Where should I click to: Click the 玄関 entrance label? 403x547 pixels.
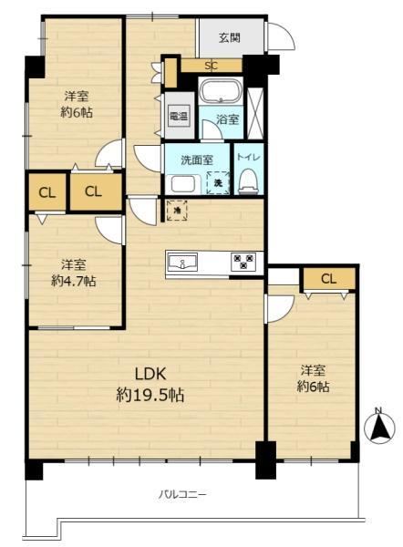pyautogui.click(x=230, y=37)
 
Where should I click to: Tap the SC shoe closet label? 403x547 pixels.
pyautogui.click(x=211, y=66)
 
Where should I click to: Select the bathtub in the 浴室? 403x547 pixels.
pyautogui.click(x=220, y=91)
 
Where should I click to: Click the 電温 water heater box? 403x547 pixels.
pyautogui.click(x=179, y=116)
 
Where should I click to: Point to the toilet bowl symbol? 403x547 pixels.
pyautogui.click(x=249, y=181)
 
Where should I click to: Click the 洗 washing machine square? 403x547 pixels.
pyautogui.click(x=218, y=182)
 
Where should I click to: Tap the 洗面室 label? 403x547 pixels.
pyautogui.click(x=197, y=160)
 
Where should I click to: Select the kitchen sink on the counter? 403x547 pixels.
pyautogui.click(x=182, y=263)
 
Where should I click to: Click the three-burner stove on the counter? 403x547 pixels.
pyautogui.click(x=243, y=262)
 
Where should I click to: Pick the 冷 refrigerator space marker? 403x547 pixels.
pyautogui.click(x=177, y=211)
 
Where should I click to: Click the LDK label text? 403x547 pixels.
pyautogui.click(x=150, y=374)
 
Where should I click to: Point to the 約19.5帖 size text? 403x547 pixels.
pyautogui.click(x=150, y=396)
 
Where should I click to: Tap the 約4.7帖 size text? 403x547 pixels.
pyautogui.click(x=74, y=281)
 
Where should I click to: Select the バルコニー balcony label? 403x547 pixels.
pyautogui.click(x=183, y=494)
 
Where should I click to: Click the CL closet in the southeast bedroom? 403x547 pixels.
pyautogui.click(x=329, y=279)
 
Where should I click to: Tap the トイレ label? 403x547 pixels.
pyautogui.click(x=249, y=157)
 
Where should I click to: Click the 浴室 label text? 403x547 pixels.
pyautogui.click(x=228, y=119)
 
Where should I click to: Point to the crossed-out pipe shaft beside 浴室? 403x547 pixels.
pyautogui.click(x=254, y=113)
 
